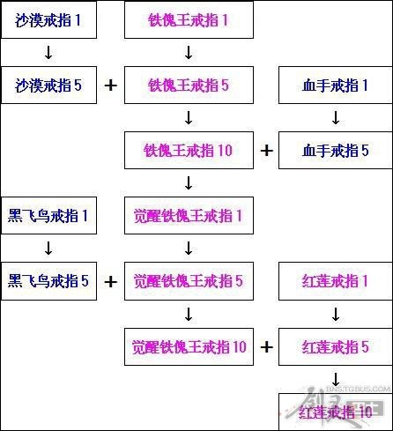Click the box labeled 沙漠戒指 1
tap(49, 19)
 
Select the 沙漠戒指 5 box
tap(49, 85)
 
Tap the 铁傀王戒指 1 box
tap(189, 19)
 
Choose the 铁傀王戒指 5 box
tap(189, 85)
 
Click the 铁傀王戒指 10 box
tap(189, 150)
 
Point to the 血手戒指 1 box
tap(336, 85)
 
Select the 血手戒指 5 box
tap(336, 150)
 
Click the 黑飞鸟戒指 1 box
tap(49, 215)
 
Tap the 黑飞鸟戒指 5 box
tap(49, 281)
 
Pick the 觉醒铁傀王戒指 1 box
tap(189, 215)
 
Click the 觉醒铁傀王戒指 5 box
tap(189, 281)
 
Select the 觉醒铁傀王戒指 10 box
tap(189, 346)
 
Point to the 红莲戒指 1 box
tap(336, 281)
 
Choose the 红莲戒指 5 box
tap(336, 346)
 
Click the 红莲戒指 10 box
tap(336, 412)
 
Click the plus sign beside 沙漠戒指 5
tap(111, 85)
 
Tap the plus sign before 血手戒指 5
tap(266, 151)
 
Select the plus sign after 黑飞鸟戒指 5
tap(111, 282)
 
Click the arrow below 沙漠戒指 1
tap(48, 53)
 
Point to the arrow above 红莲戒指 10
tap(336, 379)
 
